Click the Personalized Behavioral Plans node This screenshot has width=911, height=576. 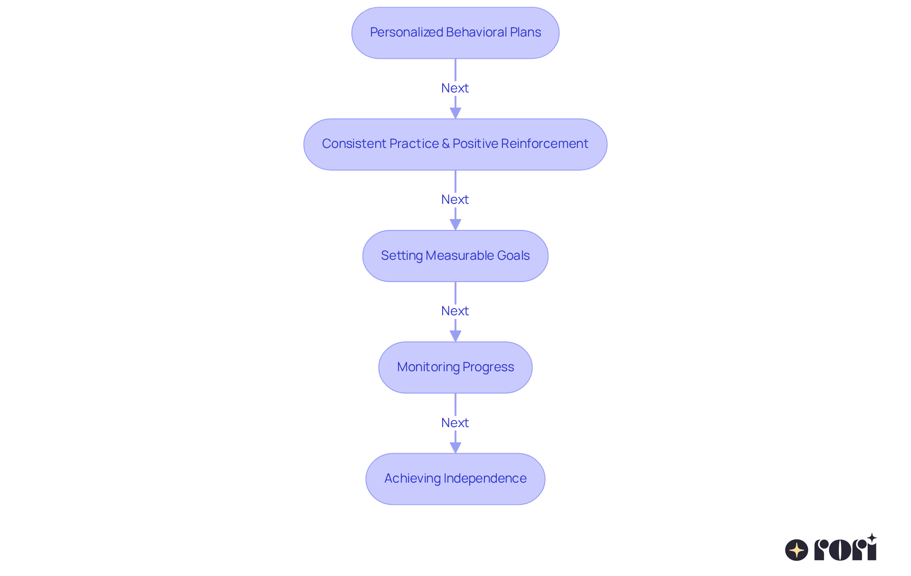(x=455, y=33)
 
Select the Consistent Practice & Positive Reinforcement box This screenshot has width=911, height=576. (x=455, y=144)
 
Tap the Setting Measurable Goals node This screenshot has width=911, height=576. (x=455, y=256)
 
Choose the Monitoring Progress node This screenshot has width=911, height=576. (x=455, y=367)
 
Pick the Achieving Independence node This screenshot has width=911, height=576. (x=455, y=479)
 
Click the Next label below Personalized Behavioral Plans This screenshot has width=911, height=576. (x=455, y=88)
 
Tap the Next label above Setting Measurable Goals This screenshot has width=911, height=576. (x=455, y=200)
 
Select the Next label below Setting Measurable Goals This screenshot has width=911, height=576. (x=455, y=311)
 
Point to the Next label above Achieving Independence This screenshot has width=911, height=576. (x=455, y=423)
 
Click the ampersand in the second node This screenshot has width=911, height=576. (x=446, y=144)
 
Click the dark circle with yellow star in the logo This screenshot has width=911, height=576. (x=796, y=550)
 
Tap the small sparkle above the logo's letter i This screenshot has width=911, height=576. (x=872, y=538)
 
